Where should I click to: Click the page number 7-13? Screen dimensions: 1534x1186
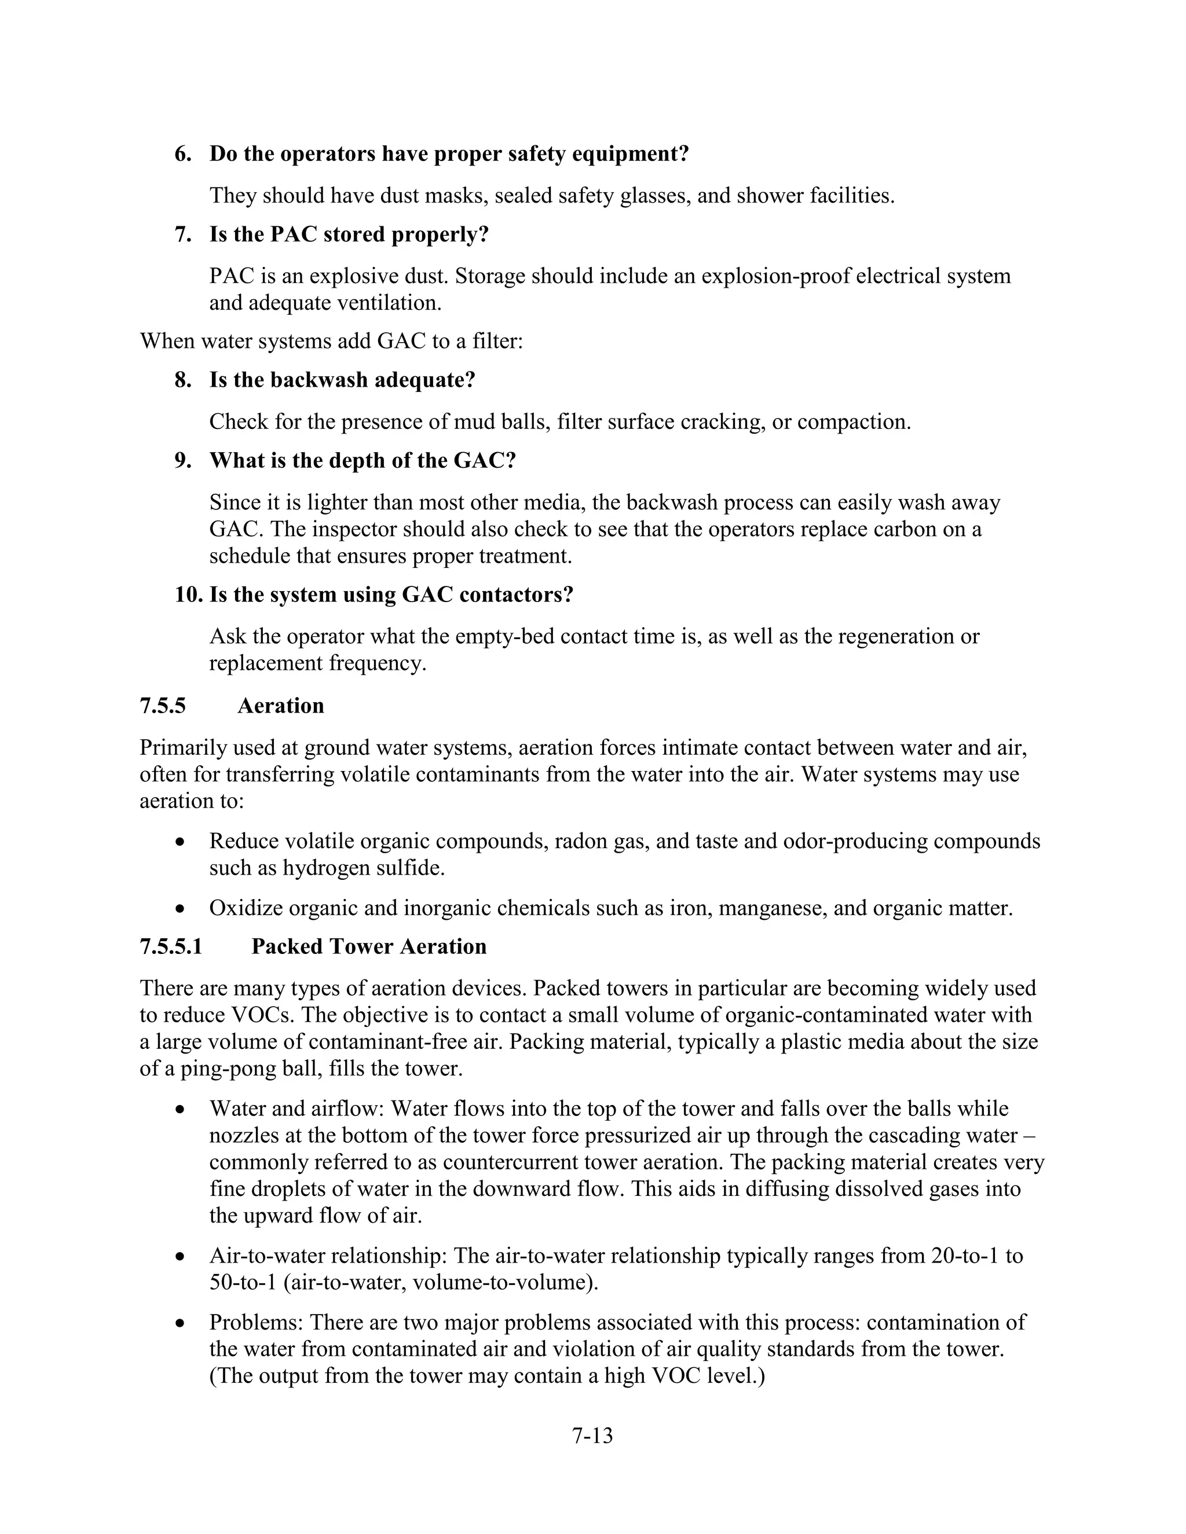tap(592, 1436)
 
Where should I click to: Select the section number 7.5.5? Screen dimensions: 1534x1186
tap(162, 705)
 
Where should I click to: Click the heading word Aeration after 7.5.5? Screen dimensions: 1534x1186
tap(280, 705)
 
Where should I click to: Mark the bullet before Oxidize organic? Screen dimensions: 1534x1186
tap(181, 909)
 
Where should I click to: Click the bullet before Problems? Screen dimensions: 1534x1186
tap(181, 1323)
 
